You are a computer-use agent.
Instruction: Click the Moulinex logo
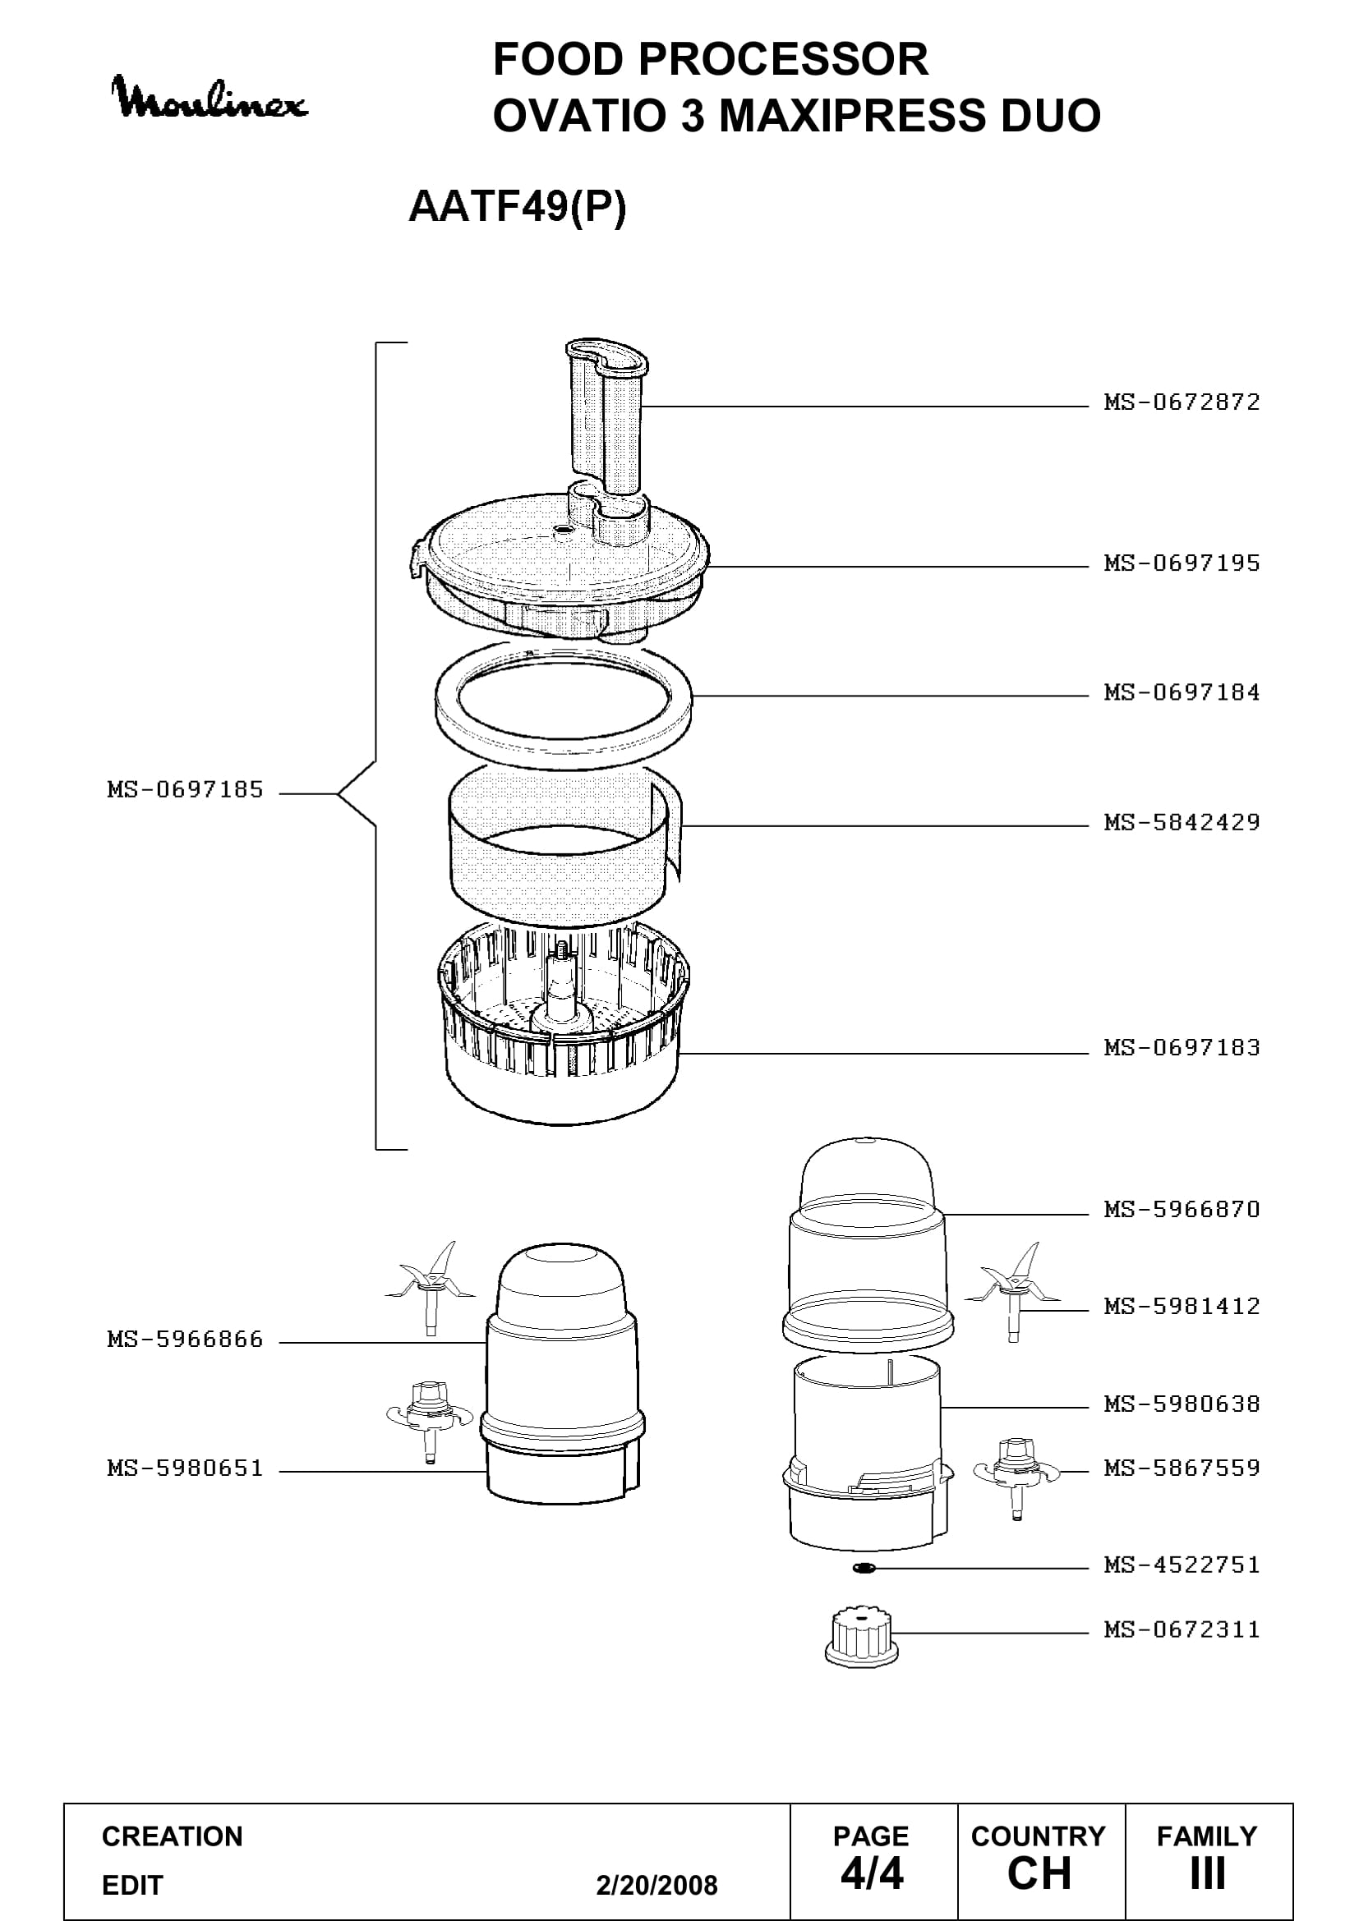(x=210, y=98)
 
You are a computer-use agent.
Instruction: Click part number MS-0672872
(x=1182, y=402)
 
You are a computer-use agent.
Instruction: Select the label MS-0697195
(x=1182, y=563)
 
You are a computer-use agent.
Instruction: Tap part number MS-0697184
(x=1182, y=693)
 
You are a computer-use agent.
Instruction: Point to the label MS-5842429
(x=1182, y=822)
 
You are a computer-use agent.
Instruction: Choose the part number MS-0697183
(x=1182, y=1047)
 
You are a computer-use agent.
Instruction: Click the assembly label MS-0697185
(x=185, y=790)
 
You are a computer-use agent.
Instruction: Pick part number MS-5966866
(x=185, y=1340)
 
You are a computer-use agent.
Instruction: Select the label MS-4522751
(x=1182, y=1565)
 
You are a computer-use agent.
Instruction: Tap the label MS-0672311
(x=1182, y=1629)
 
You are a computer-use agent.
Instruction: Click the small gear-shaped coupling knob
(x=861, y=1636)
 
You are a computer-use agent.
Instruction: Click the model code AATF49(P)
(x=517, y=207)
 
